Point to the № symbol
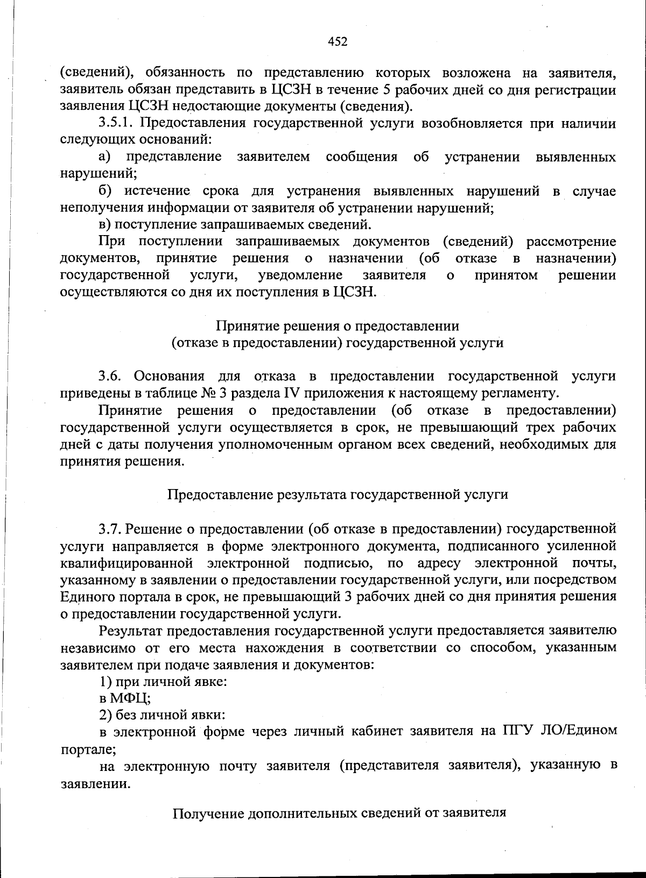(x=212, y=393)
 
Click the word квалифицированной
(x=127, y=563)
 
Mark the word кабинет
(x=378, y=731)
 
